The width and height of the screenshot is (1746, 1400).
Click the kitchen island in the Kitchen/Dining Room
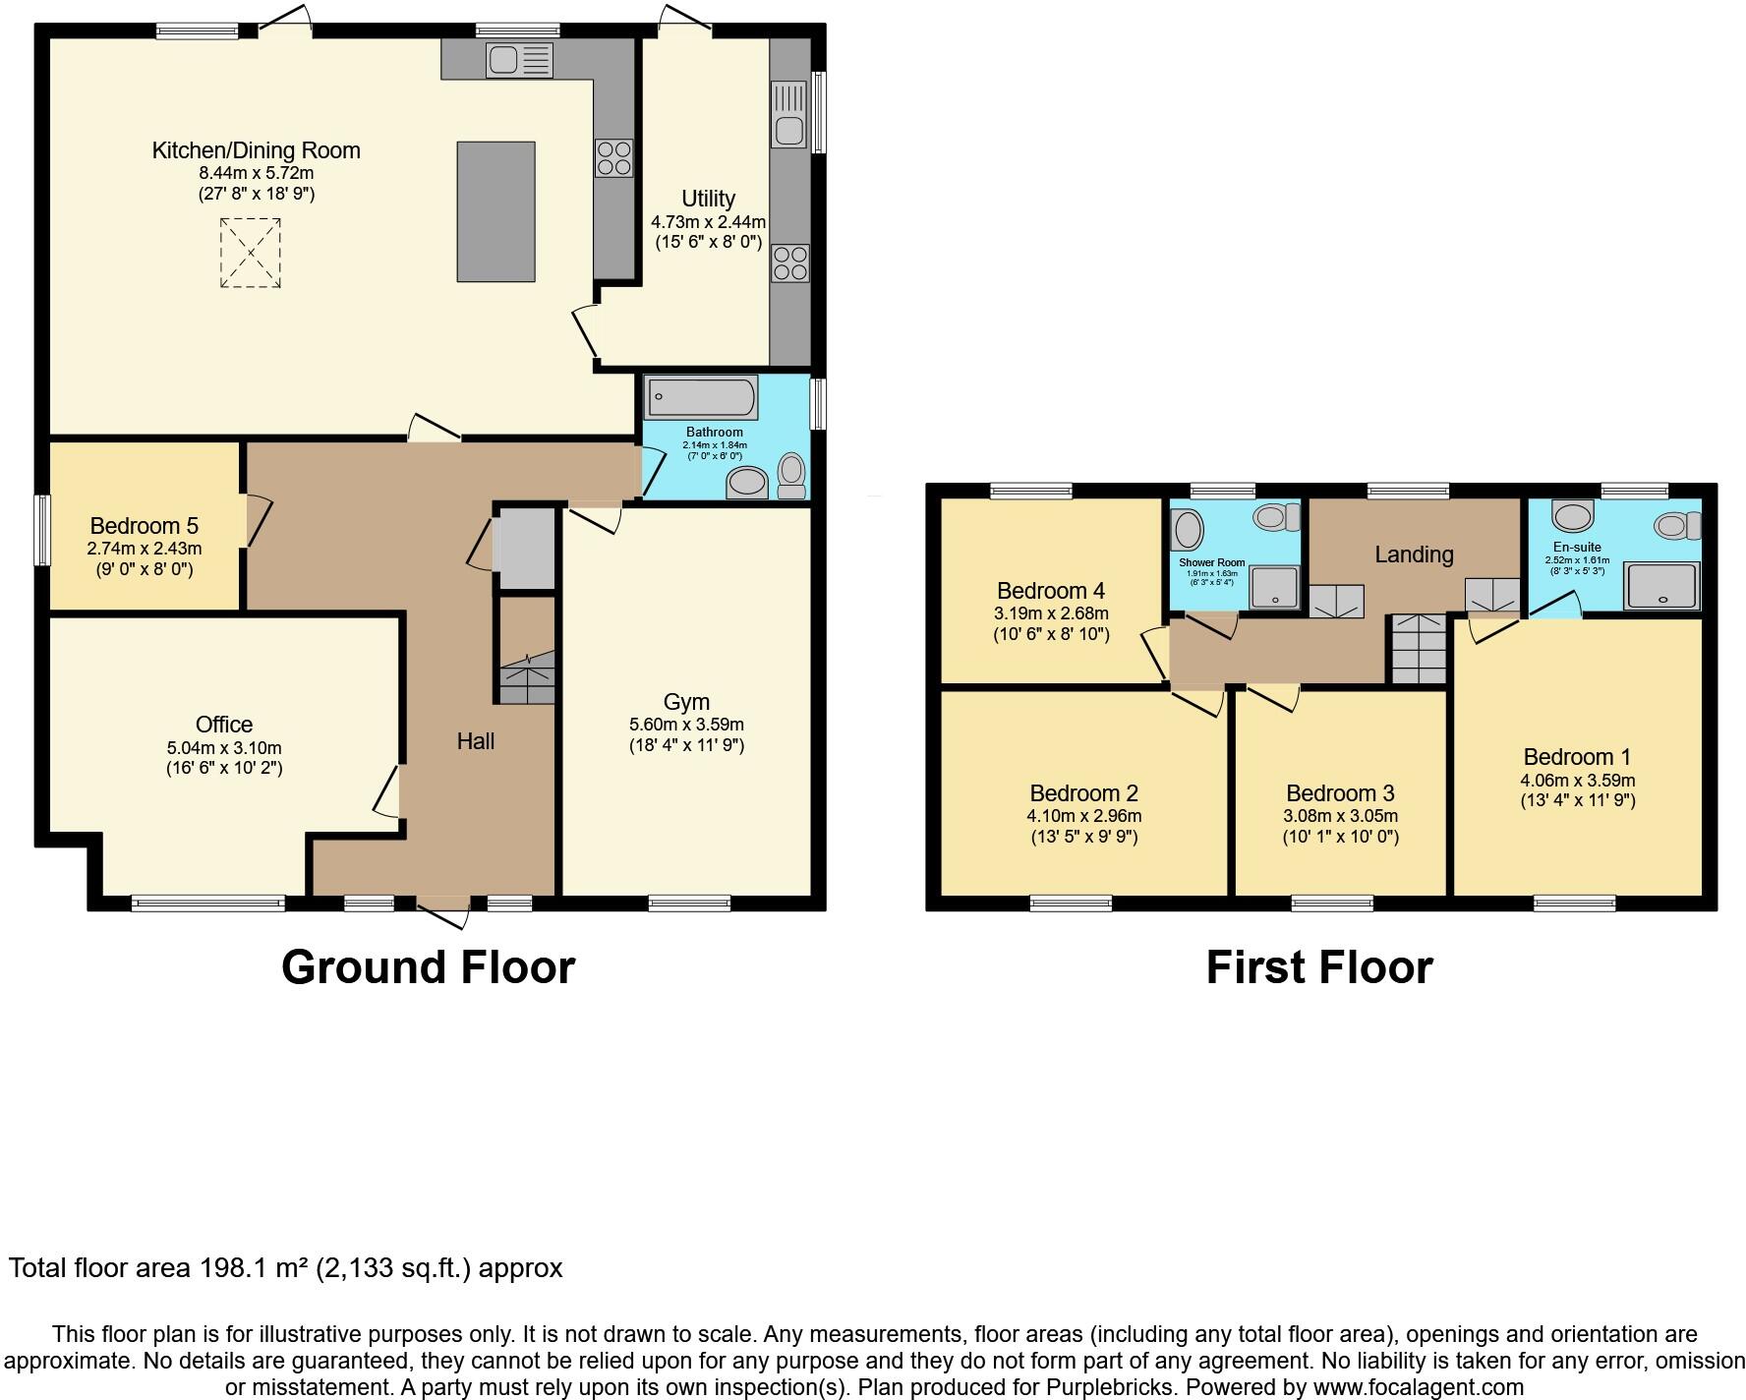[495, 211]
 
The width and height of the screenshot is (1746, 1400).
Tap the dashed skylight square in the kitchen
[250, 253]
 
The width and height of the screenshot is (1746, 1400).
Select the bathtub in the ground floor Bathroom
[701, 398]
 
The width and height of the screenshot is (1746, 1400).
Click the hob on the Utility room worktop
[789, 262]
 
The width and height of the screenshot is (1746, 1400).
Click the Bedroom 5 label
[145, 526]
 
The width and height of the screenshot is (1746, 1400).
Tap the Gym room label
[686, 702]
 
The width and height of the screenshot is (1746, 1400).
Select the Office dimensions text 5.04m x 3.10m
[224, 747]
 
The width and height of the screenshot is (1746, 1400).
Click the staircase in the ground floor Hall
[528, 678]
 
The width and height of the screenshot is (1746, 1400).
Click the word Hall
[476, 741]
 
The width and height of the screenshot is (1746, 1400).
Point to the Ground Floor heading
[428, 967]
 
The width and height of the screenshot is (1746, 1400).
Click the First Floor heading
[1319, 967]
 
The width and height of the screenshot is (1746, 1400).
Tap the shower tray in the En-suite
[1661, 586]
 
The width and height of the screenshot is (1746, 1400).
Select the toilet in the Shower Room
[1275, 516]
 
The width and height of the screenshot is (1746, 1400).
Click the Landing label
[1414, 554]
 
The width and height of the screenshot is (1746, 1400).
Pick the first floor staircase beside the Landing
[1418, 649]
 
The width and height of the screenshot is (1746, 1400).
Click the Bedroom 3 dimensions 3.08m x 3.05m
[1340, 816]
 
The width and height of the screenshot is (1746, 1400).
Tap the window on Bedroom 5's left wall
[42, 530]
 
